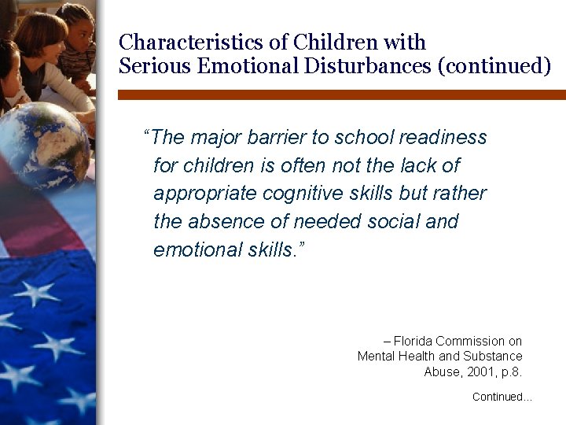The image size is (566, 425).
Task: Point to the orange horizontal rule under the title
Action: (341, 94)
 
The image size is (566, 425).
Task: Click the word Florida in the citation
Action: (413, 342)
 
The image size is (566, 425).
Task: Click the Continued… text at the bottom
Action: (502, 397)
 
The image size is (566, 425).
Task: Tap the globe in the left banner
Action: (43, 146)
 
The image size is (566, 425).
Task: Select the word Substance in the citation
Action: (492, 357)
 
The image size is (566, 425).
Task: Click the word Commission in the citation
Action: (471, 342)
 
